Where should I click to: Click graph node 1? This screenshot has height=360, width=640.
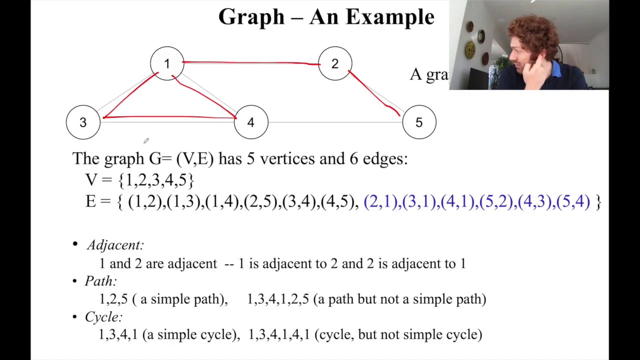tap(167, 63)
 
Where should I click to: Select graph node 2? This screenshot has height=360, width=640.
tap(335, 63)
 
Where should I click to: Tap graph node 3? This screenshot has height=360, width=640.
tap(83, 122)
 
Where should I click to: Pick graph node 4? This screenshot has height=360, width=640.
tap(251, 122)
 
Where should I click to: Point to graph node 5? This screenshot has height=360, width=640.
tap(419, 122)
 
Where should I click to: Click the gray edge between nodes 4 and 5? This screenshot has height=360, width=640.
tap(335, 122)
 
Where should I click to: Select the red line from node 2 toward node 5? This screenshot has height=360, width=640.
tap(373, 93)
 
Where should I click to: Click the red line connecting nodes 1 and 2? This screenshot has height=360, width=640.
tap(251, 62)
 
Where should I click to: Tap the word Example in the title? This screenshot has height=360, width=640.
tap(390, 17)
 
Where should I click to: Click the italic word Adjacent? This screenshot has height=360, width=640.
tap(115, 245)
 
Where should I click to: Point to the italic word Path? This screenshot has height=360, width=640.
tap(100, 281)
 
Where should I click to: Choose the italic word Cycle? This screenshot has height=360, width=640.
tap(103, 317)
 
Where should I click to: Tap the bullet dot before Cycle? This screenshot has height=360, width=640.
tap(75, 316)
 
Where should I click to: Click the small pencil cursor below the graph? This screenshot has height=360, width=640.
tap(146, 140)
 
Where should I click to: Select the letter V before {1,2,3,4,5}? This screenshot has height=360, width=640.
tap(91, 180)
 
